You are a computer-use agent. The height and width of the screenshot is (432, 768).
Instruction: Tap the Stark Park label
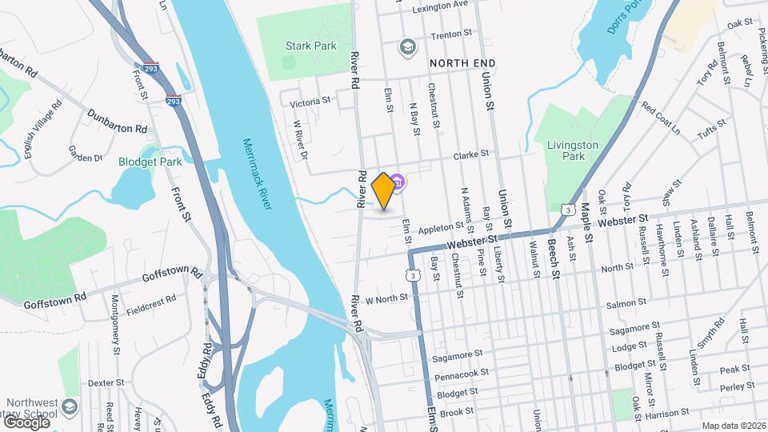point(311,46)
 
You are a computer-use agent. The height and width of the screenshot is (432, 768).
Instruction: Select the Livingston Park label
point(573,150)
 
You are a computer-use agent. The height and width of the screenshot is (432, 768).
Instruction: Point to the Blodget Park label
point(150,161)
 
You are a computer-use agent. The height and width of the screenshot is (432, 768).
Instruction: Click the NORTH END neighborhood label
point(462,62)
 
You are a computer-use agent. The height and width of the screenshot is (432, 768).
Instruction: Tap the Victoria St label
point(310,102)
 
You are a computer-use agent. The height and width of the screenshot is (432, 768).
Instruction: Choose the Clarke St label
point(471,157)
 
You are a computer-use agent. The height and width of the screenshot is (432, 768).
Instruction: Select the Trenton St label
point(447,36)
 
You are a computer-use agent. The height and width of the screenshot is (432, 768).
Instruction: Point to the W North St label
point(387,299)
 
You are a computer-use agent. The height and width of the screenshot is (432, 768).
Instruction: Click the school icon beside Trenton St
point(407,47)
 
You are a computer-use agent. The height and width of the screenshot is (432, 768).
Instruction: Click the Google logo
point(26,422)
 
